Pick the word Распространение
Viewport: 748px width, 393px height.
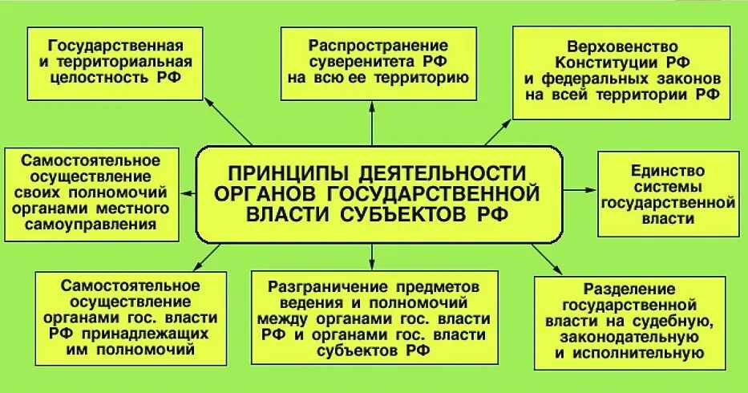370,45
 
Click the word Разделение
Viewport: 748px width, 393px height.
620,288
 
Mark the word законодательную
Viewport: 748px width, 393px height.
619,337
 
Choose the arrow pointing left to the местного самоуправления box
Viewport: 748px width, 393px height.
190,193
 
